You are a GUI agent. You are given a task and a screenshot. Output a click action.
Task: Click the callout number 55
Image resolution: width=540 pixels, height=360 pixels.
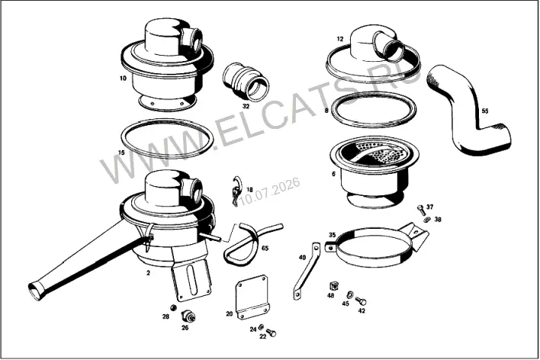click(485, 111)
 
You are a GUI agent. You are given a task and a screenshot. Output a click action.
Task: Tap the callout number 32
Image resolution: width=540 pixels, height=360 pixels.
click(246, 106)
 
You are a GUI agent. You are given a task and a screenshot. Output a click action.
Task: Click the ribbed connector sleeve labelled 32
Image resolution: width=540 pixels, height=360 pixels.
click(246, 82)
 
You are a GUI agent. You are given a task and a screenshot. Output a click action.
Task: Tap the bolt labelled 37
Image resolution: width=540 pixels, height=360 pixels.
click(421, 210)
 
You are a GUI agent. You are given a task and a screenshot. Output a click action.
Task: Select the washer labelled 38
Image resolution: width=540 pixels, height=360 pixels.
click(427, 220)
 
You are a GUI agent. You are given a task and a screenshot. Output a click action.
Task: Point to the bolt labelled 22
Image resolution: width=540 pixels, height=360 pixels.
click(272, 333)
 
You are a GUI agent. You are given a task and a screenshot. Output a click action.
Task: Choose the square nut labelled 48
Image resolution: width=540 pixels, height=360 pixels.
click(333, 286)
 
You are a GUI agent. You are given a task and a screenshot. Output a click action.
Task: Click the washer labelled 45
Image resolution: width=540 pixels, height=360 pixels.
click(350, 294)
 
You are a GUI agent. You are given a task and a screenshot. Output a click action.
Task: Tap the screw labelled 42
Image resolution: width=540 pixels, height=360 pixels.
click(361, 301)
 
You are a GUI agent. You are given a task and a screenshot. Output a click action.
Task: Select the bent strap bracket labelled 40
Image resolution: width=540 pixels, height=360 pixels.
click(306, 271)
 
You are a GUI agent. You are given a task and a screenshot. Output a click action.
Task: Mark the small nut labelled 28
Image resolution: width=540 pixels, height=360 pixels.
click(174, 307)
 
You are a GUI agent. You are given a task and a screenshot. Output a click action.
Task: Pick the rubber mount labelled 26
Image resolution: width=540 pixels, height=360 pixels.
click(188, 316)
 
